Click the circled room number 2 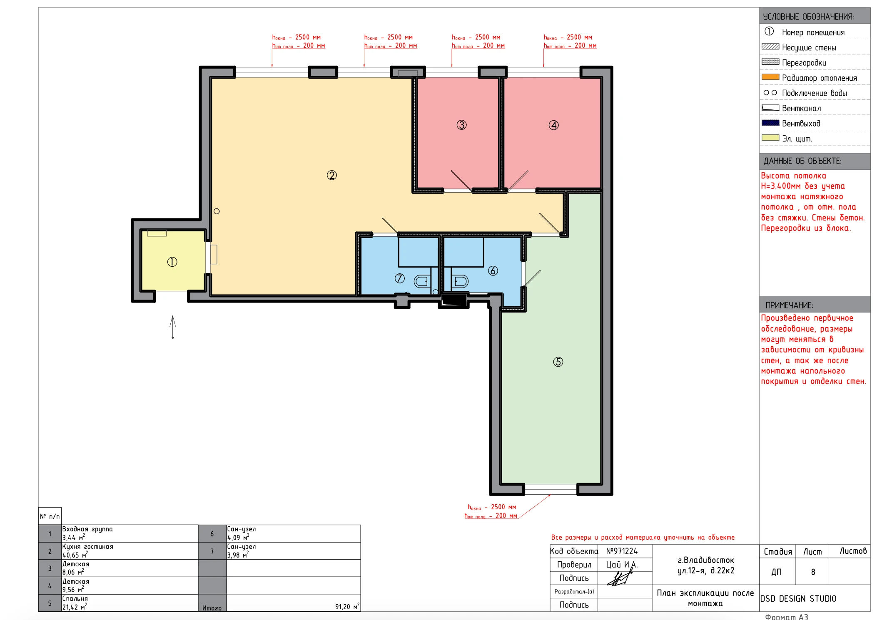331,175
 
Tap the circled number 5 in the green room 558,362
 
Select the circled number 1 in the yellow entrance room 172,262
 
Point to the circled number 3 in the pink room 461,125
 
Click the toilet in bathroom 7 421,282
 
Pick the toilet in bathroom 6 460,282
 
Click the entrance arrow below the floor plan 172,327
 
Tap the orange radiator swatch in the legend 770,77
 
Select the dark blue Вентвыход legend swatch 770,123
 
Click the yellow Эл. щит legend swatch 770,138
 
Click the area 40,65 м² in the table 75,555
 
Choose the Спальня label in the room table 75,598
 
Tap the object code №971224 622,551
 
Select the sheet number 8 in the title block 813,572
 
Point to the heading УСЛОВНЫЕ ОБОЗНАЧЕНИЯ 808,17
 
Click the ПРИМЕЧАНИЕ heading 789,305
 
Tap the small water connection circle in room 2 217,211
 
